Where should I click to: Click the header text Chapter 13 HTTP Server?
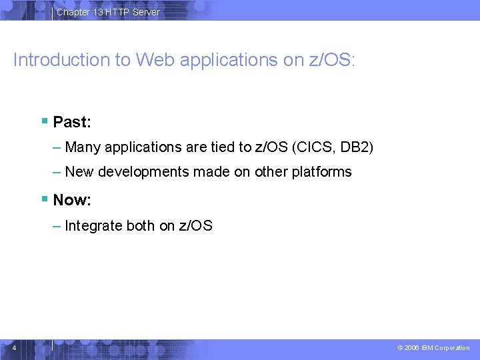(x=108, y=12)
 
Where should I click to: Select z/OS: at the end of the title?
(x=333, y=60)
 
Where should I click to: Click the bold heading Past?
(x=72, y=123)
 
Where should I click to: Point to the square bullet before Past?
(x=44, y=122)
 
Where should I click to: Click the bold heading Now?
(x=72, y=200)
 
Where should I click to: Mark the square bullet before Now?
(x=44, y=199)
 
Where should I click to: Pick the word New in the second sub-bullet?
(x=79, y=172)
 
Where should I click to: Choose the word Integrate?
(x=94, y=226)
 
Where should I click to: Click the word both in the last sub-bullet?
(x=141, y=226)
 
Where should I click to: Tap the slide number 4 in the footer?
(x=14, y=347)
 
